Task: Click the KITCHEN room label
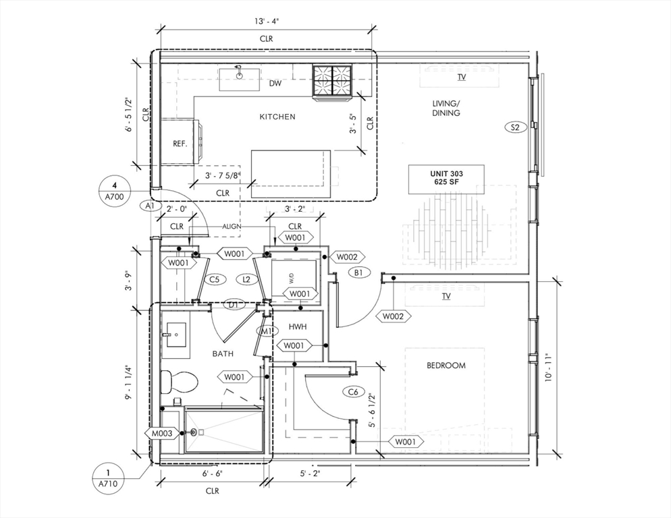[277, 117]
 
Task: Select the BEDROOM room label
[446, 366]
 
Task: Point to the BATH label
[223, 353]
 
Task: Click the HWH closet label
[298, 326]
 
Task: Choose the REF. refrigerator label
[180, 144]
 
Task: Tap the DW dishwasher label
[275, 84]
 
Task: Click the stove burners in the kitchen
[332, 81]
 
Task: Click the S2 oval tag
[516, 127]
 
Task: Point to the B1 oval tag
[358, 273]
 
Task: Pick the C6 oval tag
[353, 391]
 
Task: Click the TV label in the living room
[462, 78]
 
